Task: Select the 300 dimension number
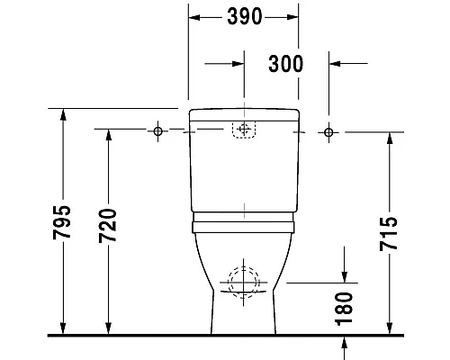click(285, 63)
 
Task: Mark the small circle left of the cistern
click(157, 132)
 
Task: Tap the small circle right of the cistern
click(328, 132)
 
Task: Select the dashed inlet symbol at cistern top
click(242, 130)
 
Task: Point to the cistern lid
click(242, 113)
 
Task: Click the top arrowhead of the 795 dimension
click(62, 113)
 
